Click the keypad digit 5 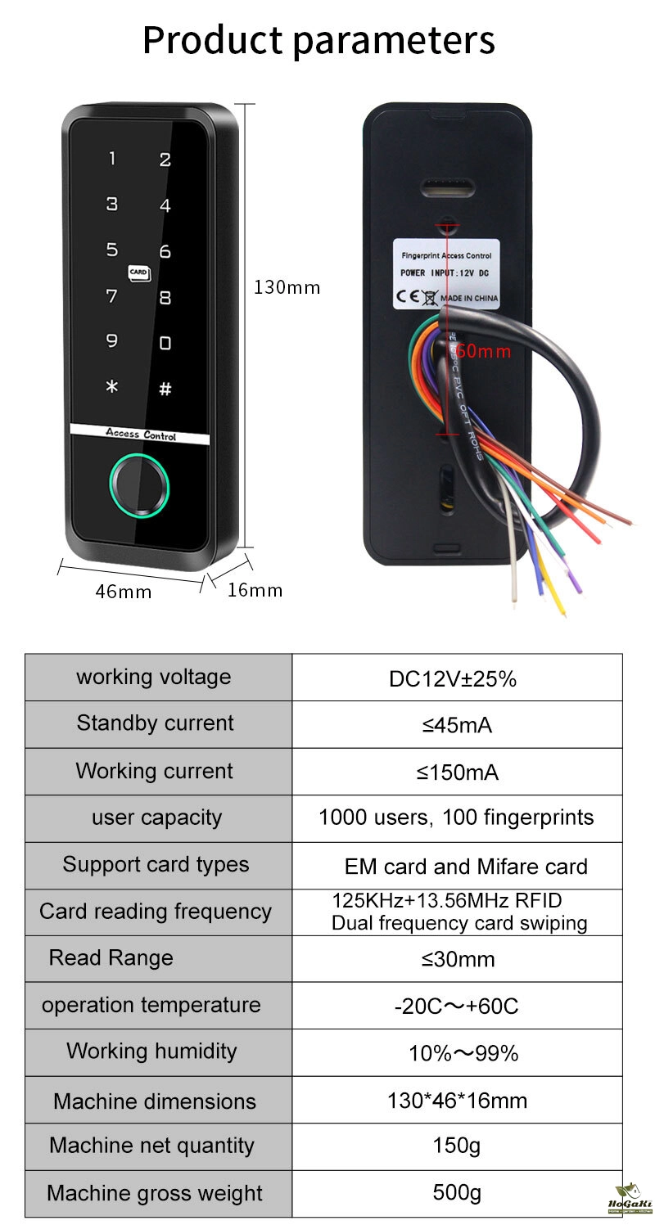(112, 250)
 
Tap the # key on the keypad (165, 390)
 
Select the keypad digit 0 (165, 343)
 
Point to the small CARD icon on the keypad (138, 272)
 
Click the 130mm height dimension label (287, 287)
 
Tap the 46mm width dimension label (124, 591)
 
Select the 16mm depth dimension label (255, 589)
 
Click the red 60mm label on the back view (484, 352)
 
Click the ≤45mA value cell (457, 725)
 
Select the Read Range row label (111, 958)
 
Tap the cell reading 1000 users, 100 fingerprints (456, 817)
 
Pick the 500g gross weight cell (457, 1193)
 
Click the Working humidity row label (151, 1052)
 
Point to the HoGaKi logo (630, 1200)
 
